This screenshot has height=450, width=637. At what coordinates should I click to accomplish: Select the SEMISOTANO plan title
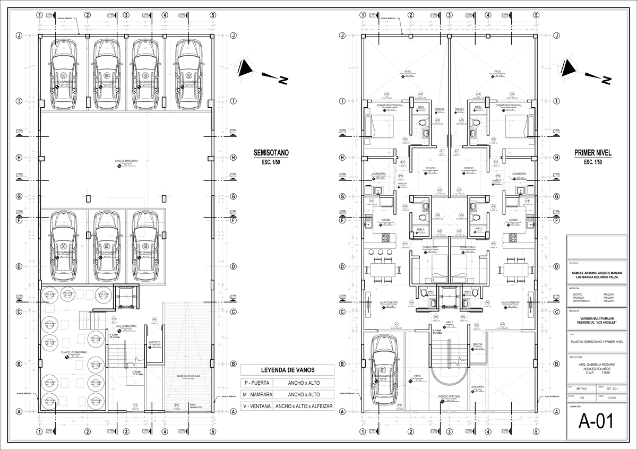point(271,153)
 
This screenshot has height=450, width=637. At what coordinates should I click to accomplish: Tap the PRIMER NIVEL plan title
point(592,153)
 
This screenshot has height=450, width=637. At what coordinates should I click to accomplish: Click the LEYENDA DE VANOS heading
point(287,370)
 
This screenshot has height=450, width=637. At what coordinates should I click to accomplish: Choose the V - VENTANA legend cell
point(256,406)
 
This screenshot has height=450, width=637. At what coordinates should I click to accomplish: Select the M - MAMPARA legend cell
point(256,394)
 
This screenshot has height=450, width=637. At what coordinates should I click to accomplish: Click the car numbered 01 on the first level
point(383,369)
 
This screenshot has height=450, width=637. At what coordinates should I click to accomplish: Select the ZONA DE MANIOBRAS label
point(123,161)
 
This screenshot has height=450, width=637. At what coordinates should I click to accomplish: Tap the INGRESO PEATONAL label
point(449,396)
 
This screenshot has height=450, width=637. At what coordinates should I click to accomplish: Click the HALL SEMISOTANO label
point(126,326)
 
